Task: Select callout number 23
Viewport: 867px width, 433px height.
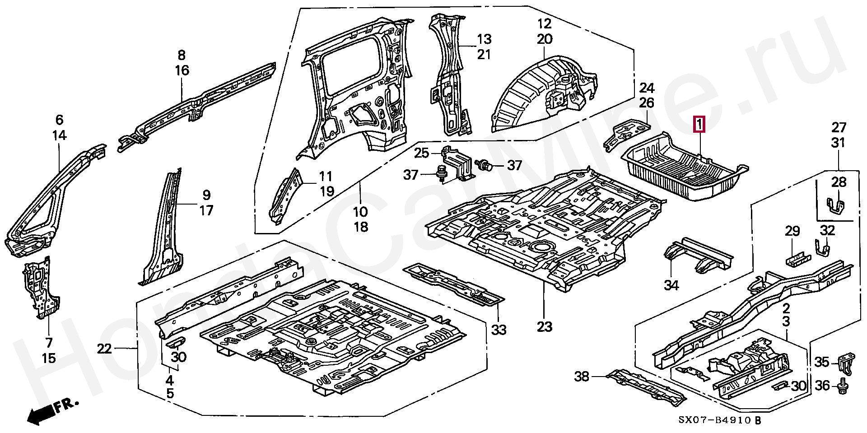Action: pos(545,326)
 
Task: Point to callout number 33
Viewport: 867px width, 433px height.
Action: pos(499,330)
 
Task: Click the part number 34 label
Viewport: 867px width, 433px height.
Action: pos(671,285)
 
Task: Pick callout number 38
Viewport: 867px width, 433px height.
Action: pos(583,376)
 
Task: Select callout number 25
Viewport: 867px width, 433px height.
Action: pos(422,153)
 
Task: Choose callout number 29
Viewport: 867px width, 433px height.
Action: pos(792,232)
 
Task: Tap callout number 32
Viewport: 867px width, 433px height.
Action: pos(827,230)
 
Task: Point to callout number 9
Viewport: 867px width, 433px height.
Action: pos(206,196)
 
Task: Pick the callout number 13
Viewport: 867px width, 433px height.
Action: pos(484,39)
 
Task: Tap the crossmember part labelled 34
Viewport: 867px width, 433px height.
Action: pos(698,255)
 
